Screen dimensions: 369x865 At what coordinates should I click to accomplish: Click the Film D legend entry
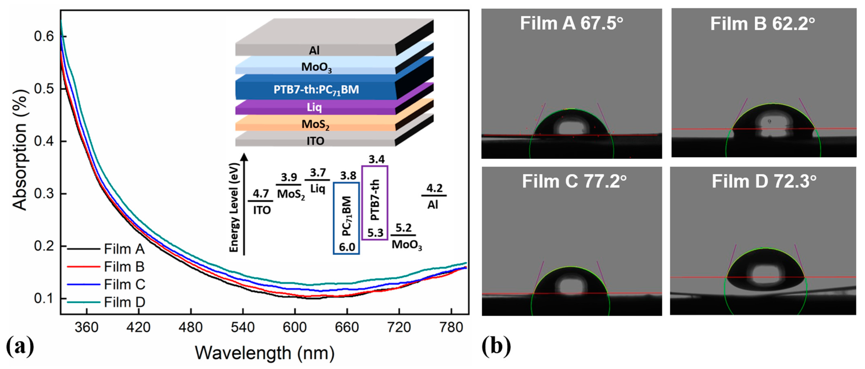click(x=124, y=302)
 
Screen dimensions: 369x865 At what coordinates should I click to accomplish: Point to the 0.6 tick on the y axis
click(x=44, y=36)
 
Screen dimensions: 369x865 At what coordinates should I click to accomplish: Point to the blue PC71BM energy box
click(x=346, y=218)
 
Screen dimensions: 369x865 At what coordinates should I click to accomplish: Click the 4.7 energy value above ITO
click(x=261, y=194)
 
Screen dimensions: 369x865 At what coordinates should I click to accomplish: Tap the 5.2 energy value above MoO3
click(x=403, y=228)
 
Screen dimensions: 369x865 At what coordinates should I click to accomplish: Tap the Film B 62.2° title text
click(x=762, y=24)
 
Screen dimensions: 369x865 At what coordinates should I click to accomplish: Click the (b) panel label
click(x=496, y=346)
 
